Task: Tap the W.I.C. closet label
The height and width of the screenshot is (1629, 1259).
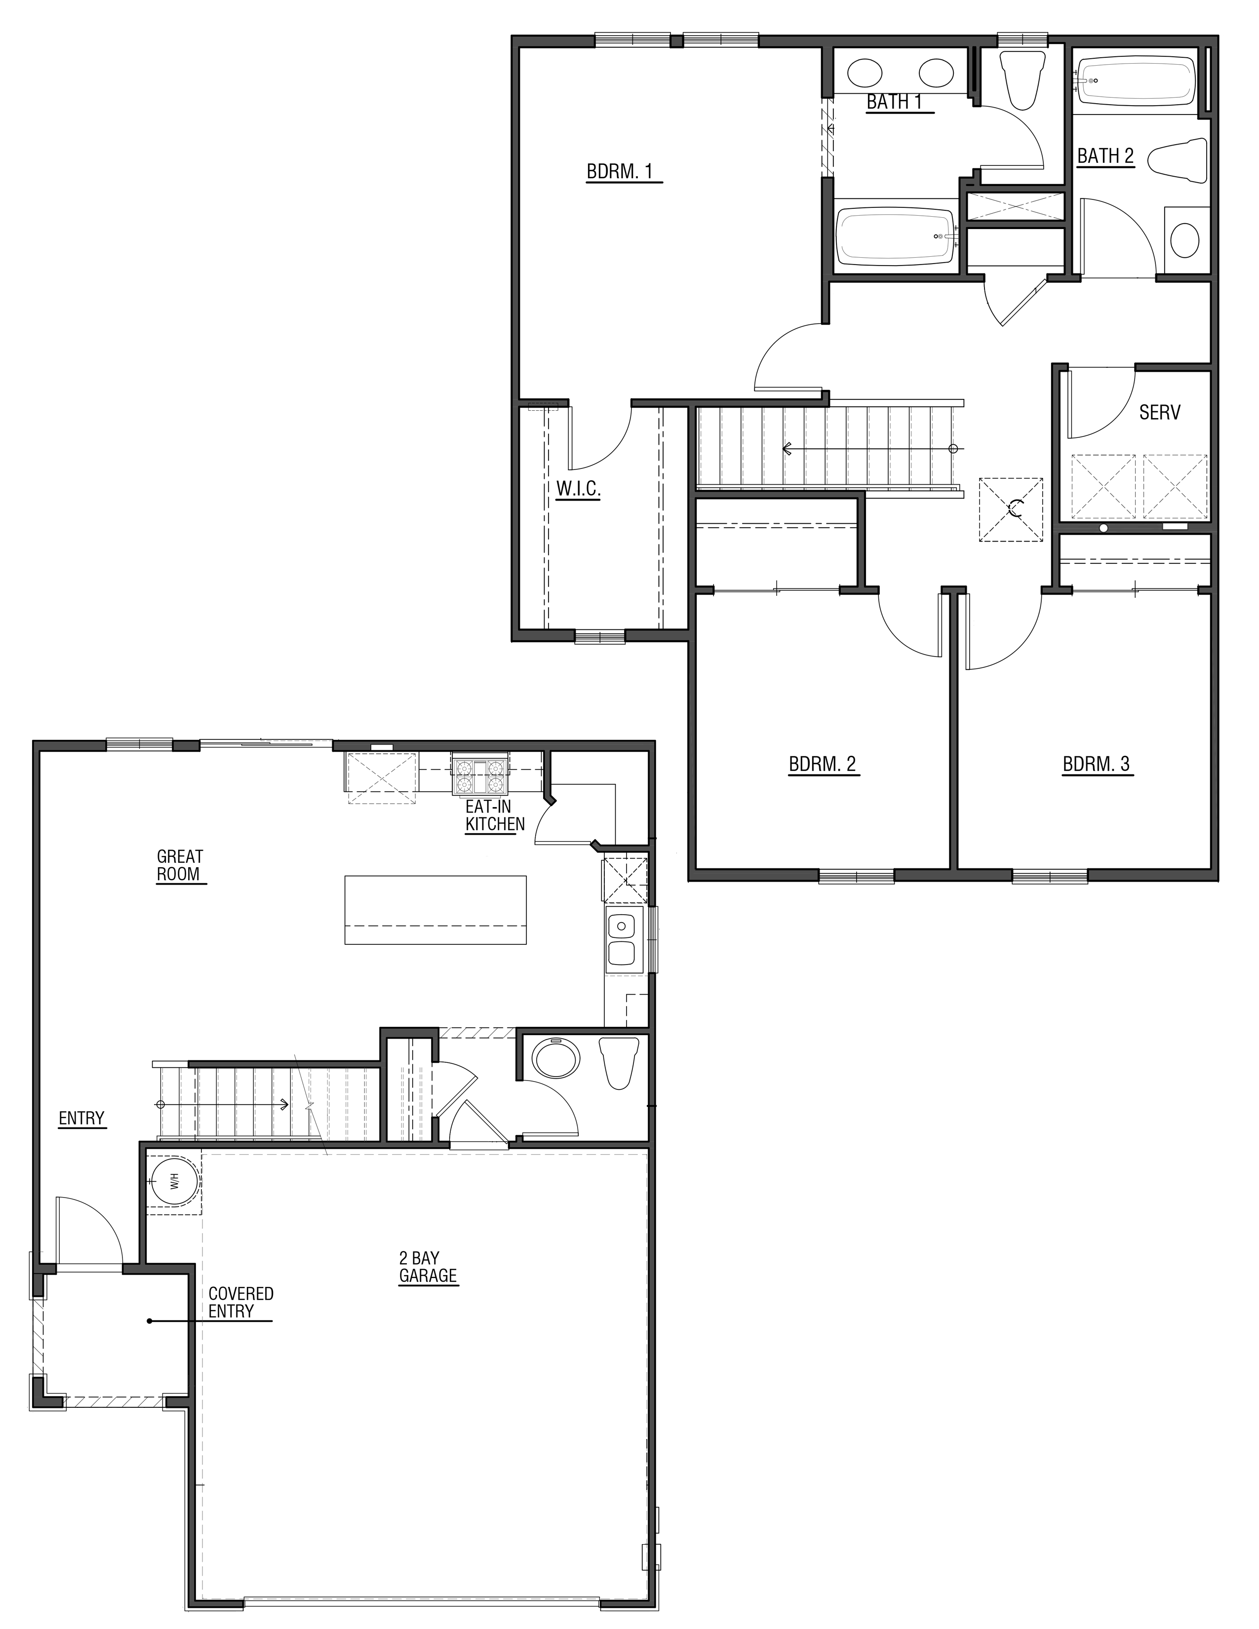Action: coord(578,489)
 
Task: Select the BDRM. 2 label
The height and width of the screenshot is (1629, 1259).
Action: coord(823,765)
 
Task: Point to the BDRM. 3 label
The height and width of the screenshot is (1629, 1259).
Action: coord(1097,765)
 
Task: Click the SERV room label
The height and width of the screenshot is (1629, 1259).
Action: coord(1160,413)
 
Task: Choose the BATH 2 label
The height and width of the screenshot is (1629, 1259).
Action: coord(1105,156)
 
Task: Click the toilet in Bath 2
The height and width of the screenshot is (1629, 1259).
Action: coord(1179,159)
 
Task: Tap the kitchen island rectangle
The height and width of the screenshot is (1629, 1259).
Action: coord(435,910)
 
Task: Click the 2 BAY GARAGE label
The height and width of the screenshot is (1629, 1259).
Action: coord(428,1267)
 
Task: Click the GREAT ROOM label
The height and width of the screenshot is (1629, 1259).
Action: coord(180,865)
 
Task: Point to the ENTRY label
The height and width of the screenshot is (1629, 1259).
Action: coord(82,1118)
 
